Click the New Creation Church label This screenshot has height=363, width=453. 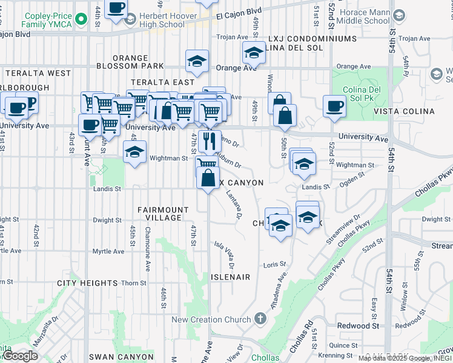point(211,319)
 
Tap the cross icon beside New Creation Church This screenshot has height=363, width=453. point(260,318)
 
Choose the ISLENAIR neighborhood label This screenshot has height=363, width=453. point(230,276)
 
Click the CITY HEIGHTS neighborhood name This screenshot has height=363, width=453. point(87,283)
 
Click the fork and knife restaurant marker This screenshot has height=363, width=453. point(210,142)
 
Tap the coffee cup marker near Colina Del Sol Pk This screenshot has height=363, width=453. point(334,106)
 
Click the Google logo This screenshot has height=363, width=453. point(20,356)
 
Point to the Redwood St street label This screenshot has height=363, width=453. point(358,325)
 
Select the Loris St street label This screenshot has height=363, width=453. point(270,265)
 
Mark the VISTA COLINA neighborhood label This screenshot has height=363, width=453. point(404,111)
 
